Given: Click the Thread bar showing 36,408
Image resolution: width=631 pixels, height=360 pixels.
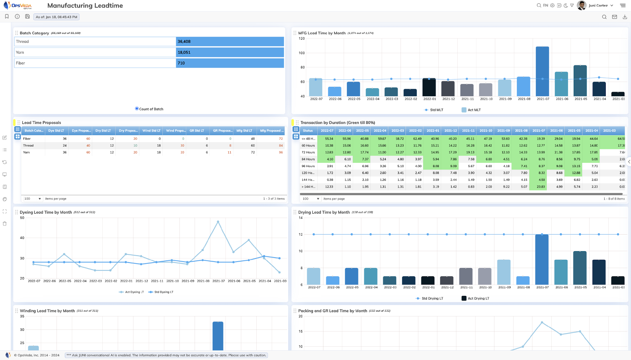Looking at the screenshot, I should tap(230, 41).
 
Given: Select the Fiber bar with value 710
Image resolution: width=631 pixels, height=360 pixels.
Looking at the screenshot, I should tap(230, 63).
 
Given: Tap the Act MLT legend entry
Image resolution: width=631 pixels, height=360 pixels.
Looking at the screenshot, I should tap(471, 110).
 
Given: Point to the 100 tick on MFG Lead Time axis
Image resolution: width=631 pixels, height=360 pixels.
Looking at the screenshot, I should tap(302, 53).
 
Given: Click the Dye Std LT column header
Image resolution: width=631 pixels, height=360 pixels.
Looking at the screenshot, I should tap(56, 130).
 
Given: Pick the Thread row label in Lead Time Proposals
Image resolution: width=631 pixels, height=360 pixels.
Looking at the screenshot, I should tap(28, 146).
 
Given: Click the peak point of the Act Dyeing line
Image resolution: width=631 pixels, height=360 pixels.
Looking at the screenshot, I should tap(218, 221).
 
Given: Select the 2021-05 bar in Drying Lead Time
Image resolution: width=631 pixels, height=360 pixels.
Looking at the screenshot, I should tap(580, 268).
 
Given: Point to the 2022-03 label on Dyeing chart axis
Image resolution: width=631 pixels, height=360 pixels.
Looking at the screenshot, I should tap(95, 281).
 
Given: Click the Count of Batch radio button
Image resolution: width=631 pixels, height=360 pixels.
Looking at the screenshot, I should tap(137, 108).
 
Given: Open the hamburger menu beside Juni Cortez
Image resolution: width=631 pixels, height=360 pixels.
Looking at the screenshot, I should tap(623, 5).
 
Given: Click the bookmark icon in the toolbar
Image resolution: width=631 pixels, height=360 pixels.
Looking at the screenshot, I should tap(7, 17).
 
